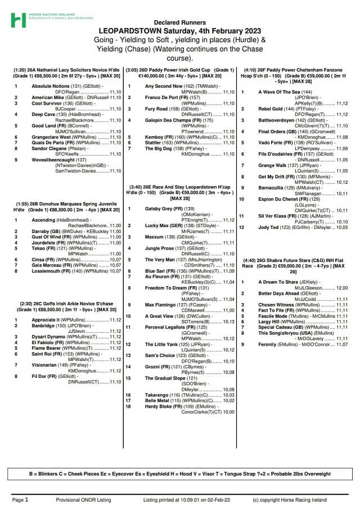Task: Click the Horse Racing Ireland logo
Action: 18,20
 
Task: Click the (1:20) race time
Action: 22,70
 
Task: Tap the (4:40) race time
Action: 250,260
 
